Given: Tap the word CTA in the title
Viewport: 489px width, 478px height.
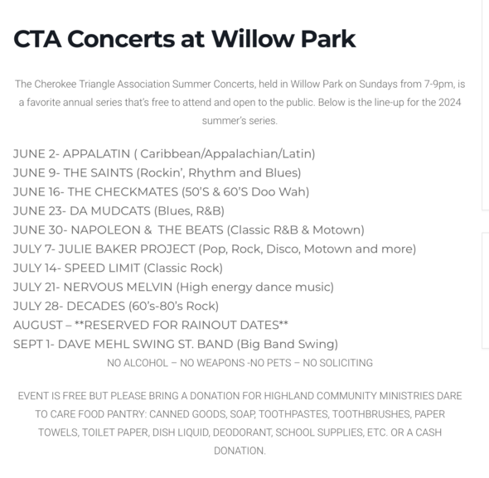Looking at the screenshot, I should click(x=38, y=38).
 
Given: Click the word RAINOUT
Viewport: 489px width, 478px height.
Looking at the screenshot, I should click(x=204, y=325).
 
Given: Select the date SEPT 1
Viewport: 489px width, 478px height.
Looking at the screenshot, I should click(x=35, y=344).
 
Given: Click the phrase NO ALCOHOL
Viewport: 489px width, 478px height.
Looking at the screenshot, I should click(x=136, y=363).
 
